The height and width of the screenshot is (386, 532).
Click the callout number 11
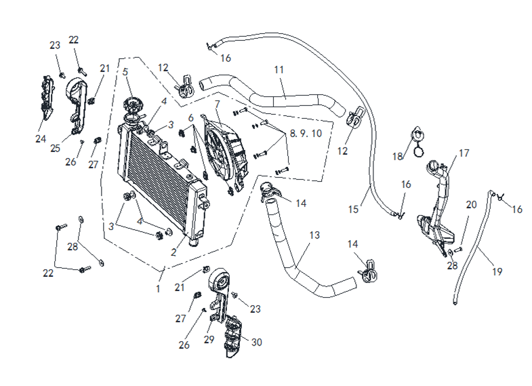[x=278, y=70]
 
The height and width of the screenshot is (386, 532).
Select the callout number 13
[x=314, y=235]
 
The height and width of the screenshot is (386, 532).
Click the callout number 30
[x=256, y=343]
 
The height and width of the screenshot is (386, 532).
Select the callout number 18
[x=398, y=157]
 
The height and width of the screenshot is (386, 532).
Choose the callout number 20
[x=471, y=204]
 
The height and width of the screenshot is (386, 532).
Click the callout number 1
[x=158, y=288]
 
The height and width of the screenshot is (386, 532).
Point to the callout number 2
[x=174, y=252]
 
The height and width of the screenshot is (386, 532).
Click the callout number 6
[x=192, y=117]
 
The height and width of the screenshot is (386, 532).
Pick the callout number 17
[x=464, y=153]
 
